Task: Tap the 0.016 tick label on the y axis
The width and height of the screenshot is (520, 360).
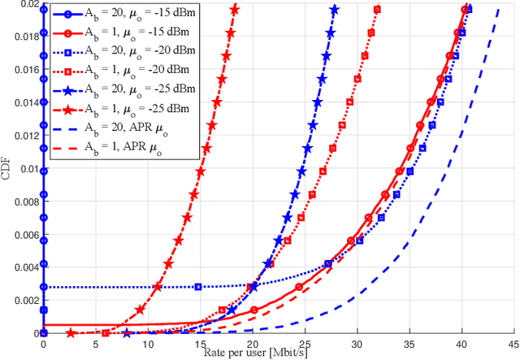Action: [24, 70]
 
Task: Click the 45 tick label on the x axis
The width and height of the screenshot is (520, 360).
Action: [514, 344]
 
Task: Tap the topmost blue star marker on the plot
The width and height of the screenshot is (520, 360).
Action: [335, 9]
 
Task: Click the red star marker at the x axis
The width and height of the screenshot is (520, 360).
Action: [71, 333]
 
